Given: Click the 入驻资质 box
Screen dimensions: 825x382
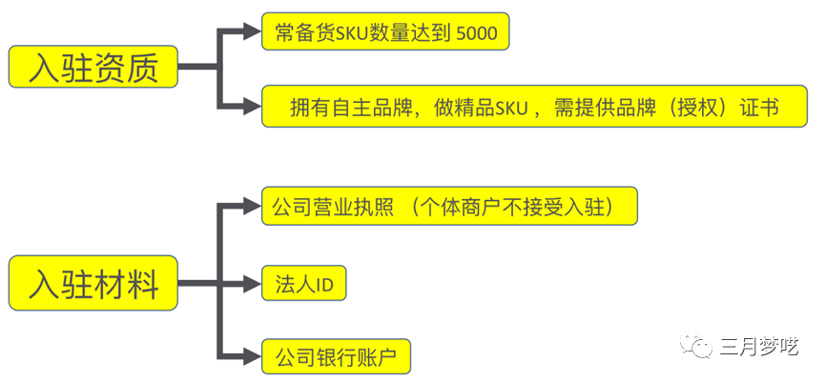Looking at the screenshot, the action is pyautogui.click(x=93, y=67).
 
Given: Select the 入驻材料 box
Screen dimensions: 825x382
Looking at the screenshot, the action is pyautogui.click(x=93, y=283).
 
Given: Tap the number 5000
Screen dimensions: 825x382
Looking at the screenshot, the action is pyautogui.click(x=477, y=32).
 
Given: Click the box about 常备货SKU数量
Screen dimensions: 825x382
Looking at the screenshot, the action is pyautogui.click(x=385, y=31).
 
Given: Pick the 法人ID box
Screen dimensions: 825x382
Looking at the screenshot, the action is pyautogui.click(x=304, y=283).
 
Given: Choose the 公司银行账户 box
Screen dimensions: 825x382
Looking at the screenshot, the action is pyautogui.click(x=336, y=357).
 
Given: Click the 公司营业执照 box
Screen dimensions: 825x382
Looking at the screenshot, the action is pyautogui.click(x=449, y=207).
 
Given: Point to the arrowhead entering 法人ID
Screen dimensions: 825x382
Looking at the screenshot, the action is pyautogui.click(x=252, y=284).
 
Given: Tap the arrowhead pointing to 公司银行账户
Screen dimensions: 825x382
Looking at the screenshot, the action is pyautogui.click(x=252, y=357).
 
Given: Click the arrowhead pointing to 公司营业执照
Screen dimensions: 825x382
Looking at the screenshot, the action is pyautogui.click(x=252, y=207).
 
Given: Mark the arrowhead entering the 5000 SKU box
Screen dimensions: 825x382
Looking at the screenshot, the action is pyautogui.click(x=252, y=31).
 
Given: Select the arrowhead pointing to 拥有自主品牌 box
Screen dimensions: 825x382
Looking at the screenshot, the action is pyautogui.click(x=252, y=106).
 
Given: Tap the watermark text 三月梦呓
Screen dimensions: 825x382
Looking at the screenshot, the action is pyautogui.click(x=759, y=346).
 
